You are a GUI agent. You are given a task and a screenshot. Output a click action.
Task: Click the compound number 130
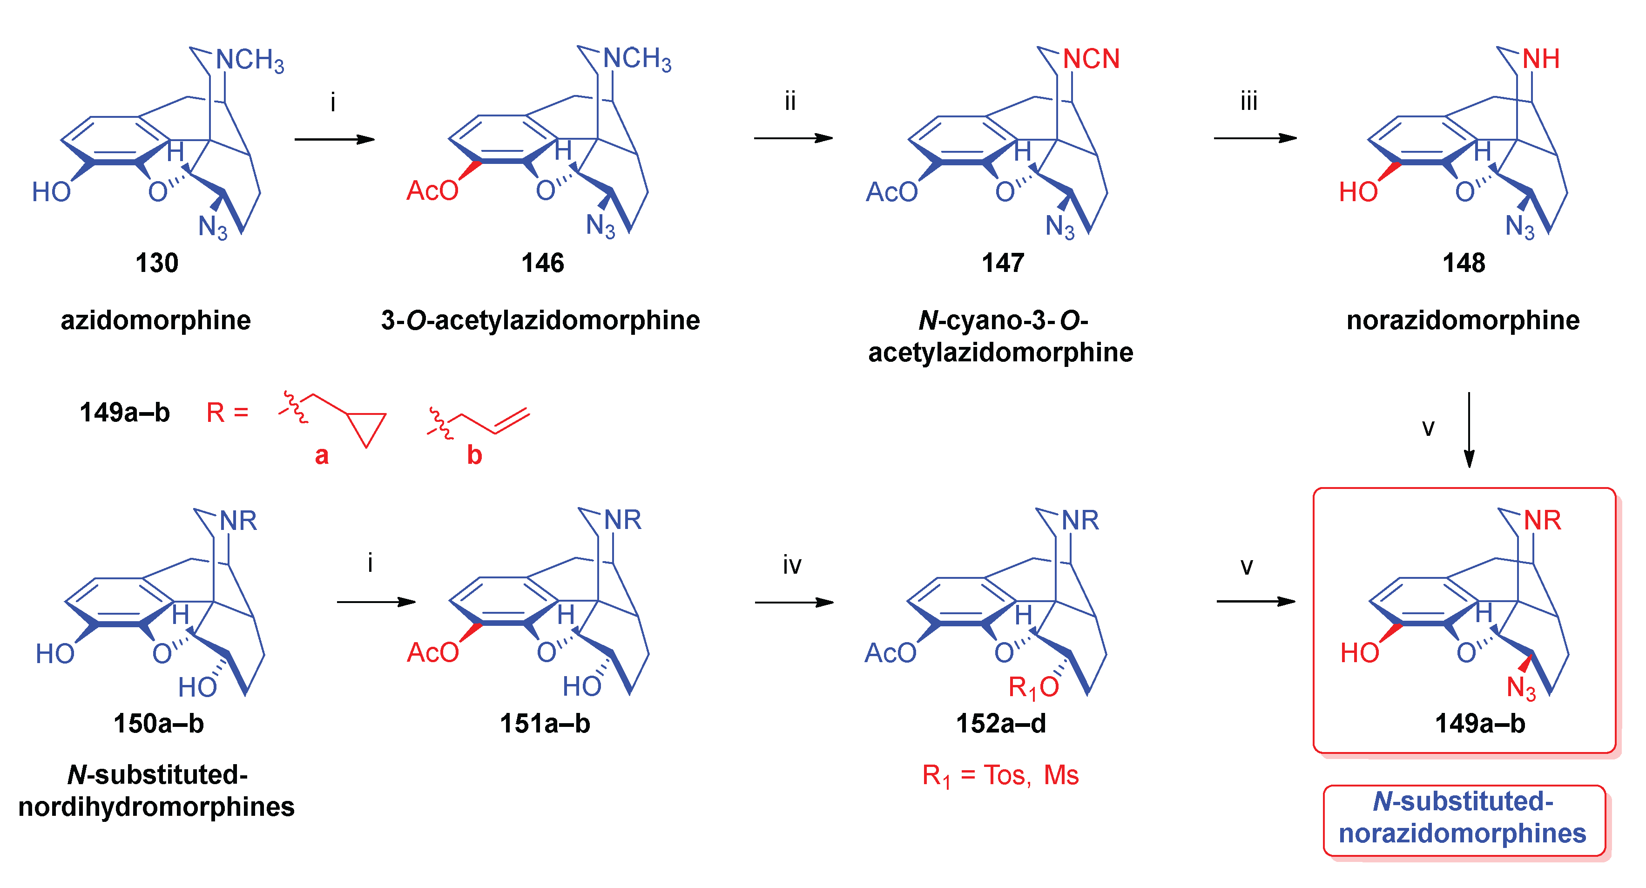[x=156, y=263]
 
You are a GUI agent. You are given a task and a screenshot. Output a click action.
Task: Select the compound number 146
[x=542, y=263]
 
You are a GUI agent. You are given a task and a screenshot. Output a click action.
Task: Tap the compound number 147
[x=1003, y=263]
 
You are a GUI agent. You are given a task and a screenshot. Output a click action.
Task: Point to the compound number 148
[x=1463, y=263]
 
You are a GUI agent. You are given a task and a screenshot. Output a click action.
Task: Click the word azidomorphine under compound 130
[x=155, y=319]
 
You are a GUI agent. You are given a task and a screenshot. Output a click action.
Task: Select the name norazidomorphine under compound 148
[x=1463, y=319]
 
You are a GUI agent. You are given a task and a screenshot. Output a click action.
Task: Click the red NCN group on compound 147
[x=1091, y=60]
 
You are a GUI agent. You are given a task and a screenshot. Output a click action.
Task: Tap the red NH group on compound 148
[x=1541, y=60]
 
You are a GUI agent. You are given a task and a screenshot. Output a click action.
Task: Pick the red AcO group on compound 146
[x=432, y=190]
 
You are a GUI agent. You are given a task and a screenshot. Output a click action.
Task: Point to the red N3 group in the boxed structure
[x=1521, y=688]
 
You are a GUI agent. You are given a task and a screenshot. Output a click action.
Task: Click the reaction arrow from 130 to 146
[x=334, y=139]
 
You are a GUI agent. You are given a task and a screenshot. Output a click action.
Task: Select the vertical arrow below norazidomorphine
[x=1469, y=430]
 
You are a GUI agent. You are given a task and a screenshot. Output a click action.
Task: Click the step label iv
[x=792, y=565]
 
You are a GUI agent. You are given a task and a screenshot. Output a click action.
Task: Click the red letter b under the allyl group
[x=474, y=455]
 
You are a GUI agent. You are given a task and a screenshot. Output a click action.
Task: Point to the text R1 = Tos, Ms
[x=1000, y=775]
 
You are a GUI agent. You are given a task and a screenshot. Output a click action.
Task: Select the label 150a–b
[x=158, y=724]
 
